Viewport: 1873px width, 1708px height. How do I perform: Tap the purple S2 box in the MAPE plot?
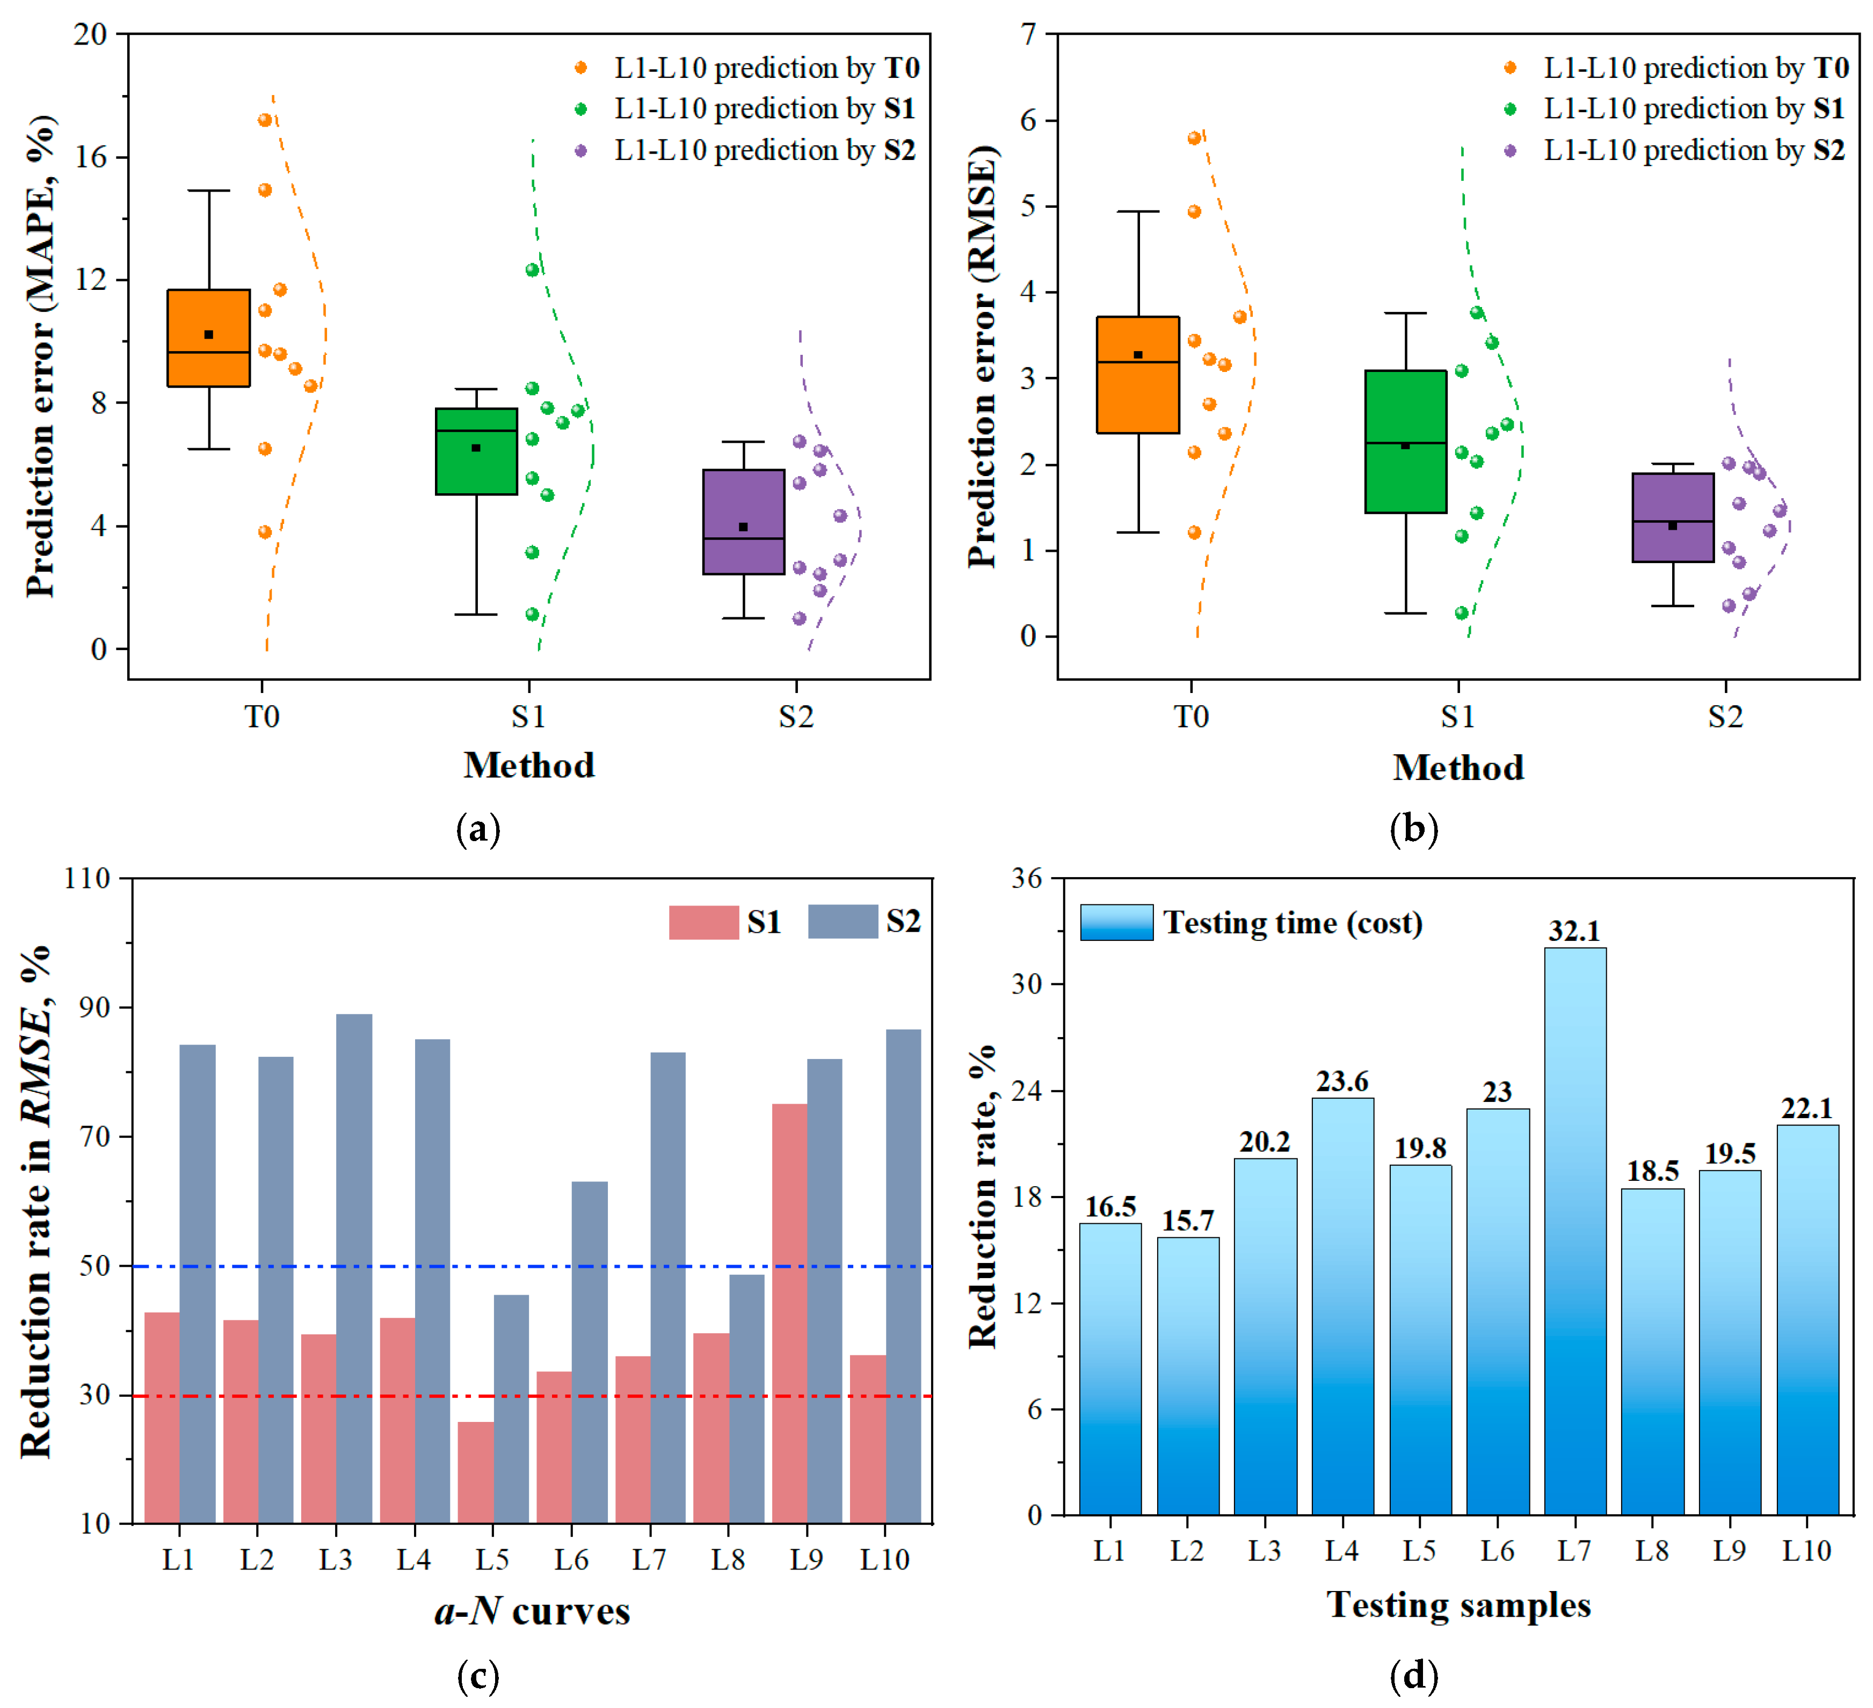(743, 521)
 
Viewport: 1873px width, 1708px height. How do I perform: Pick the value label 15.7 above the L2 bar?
(1187, 1221)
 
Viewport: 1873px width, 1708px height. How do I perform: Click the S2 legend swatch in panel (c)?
(842, 921)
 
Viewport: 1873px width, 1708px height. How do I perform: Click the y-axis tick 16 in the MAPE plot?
(90, 157)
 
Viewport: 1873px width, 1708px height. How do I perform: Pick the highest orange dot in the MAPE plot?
(265, 120)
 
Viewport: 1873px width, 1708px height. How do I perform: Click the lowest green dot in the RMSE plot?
(1462, 613)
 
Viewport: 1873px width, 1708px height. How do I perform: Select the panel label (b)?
(1413, 828)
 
